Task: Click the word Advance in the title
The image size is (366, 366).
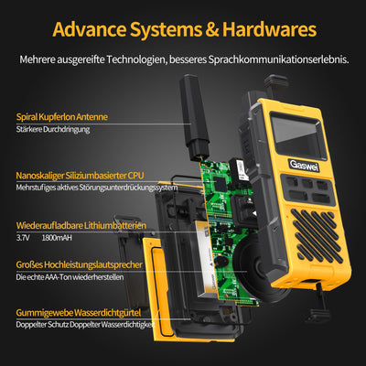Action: pos(92,27)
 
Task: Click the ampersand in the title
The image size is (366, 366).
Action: pos(210,27)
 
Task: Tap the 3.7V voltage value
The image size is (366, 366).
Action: pos(24,237)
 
